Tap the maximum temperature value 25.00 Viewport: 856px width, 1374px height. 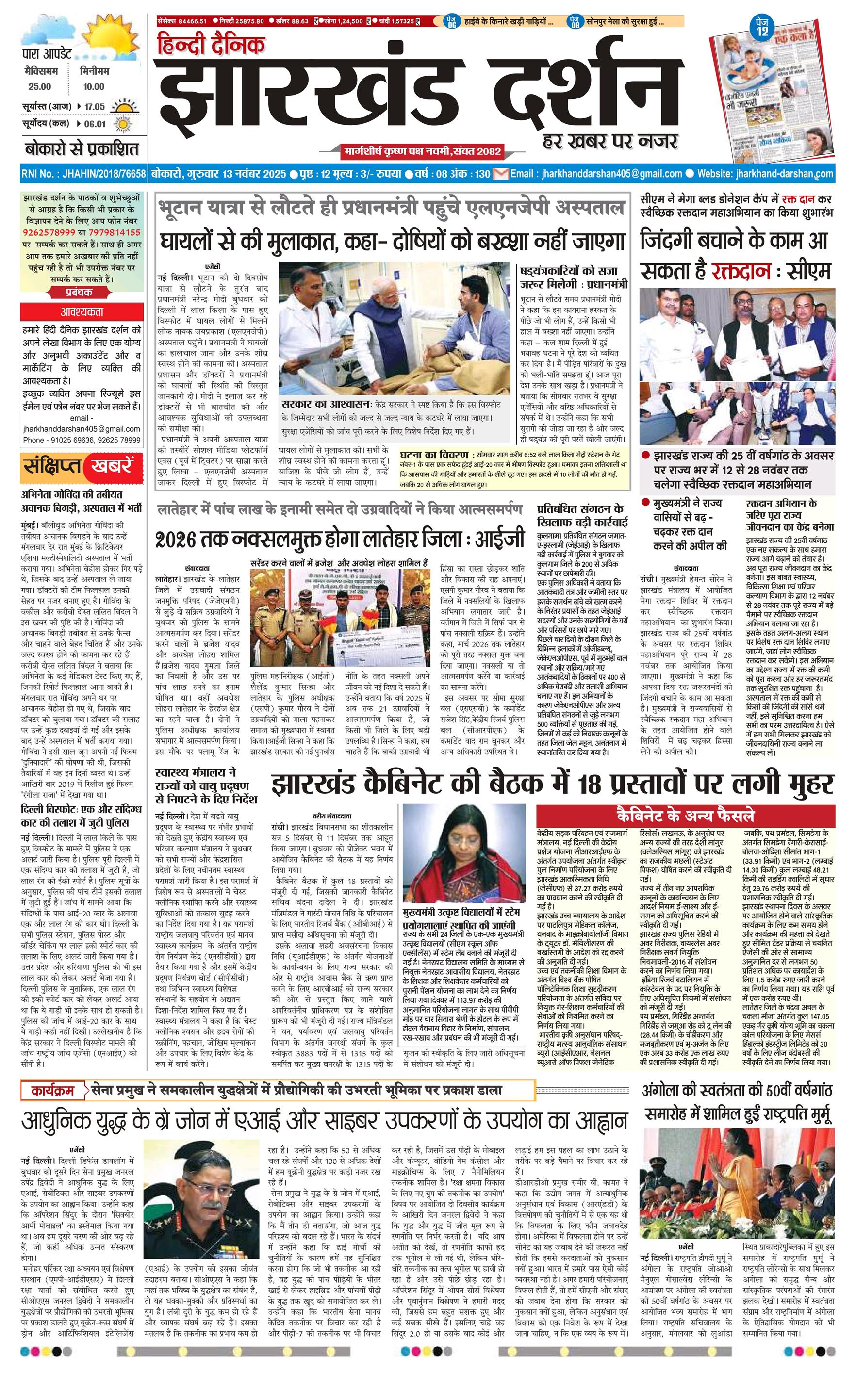pyautogui.click(x=40, y=86)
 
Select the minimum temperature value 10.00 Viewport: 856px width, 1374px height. pyautogui.click(x=93, y=86)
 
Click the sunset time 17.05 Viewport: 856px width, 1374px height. pyautogui.click(x=95, y=106)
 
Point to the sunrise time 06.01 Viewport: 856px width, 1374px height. pyautogui.click(x=95, y=124)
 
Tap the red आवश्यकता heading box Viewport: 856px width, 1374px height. pyautogui.click(x=82, y=312)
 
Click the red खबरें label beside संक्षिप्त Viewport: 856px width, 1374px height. pyautogui.click(x=111, y=466)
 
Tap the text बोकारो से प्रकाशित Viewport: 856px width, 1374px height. pyautogui.click(x=81, y=149)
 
